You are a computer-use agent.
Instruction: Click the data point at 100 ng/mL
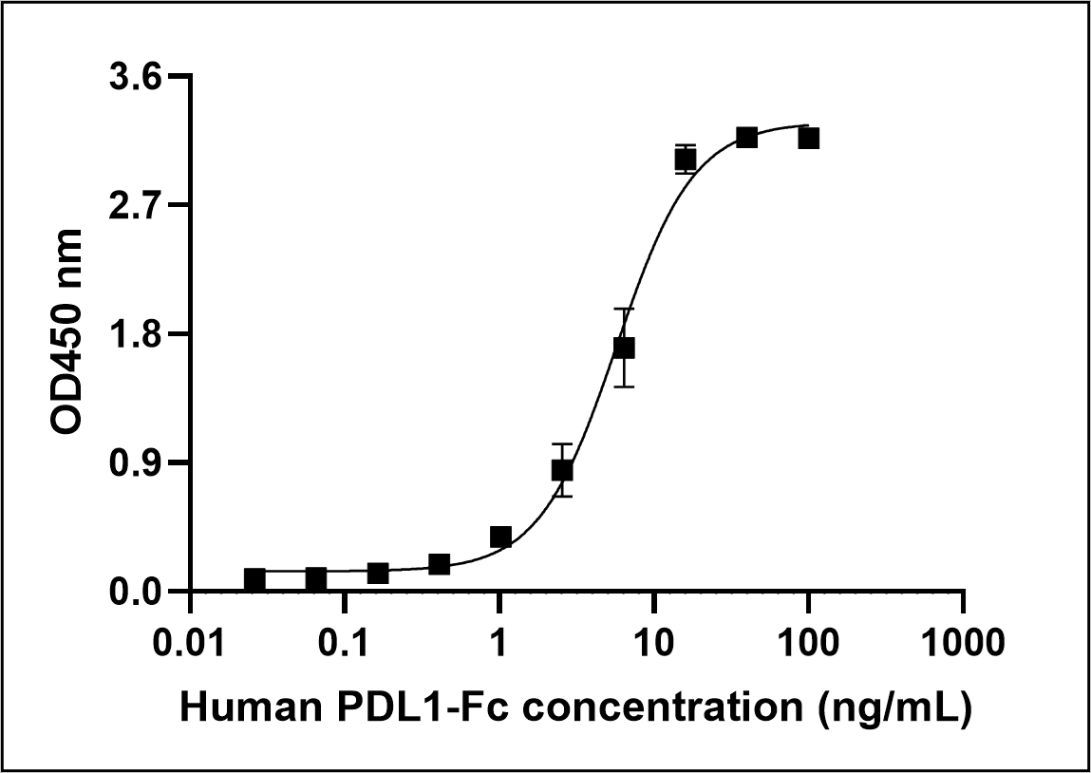click(808, 139)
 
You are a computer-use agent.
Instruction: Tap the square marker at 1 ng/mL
click(500, 537)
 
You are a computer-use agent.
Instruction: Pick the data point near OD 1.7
click(623, 348)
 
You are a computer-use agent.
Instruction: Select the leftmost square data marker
click(254, 579)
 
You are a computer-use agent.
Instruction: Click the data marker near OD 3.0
click(685, 160)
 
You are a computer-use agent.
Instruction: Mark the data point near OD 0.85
click(562, 470)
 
